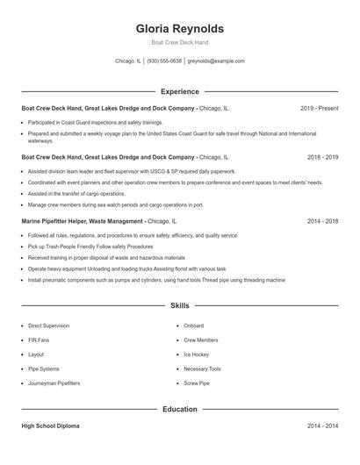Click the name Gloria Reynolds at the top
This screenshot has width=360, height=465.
click(179, 28)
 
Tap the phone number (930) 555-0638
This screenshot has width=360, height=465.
click(164, 61)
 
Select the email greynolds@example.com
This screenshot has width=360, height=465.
click(217, 61)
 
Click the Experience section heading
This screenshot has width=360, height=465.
click(179, 91)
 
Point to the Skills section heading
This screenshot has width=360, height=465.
click(179, 306)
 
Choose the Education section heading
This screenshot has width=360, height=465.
click(179, 409)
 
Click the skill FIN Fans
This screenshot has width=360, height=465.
click(40, 340)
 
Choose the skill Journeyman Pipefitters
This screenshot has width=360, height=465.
click(54, 383)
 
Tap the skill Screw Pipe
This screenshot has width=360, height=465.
click(196, 383)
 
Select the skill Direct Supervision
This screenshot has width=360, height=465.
click(48, 325)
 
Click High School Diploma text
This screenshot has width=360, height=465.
click(50, 426)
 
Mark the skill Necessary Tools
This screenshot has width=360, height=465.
click(202, 369)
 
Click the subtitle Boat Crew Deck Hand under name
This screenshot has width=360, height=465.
click(179, 42)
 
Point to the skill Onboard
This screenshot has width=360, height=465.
click(193, 325)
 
